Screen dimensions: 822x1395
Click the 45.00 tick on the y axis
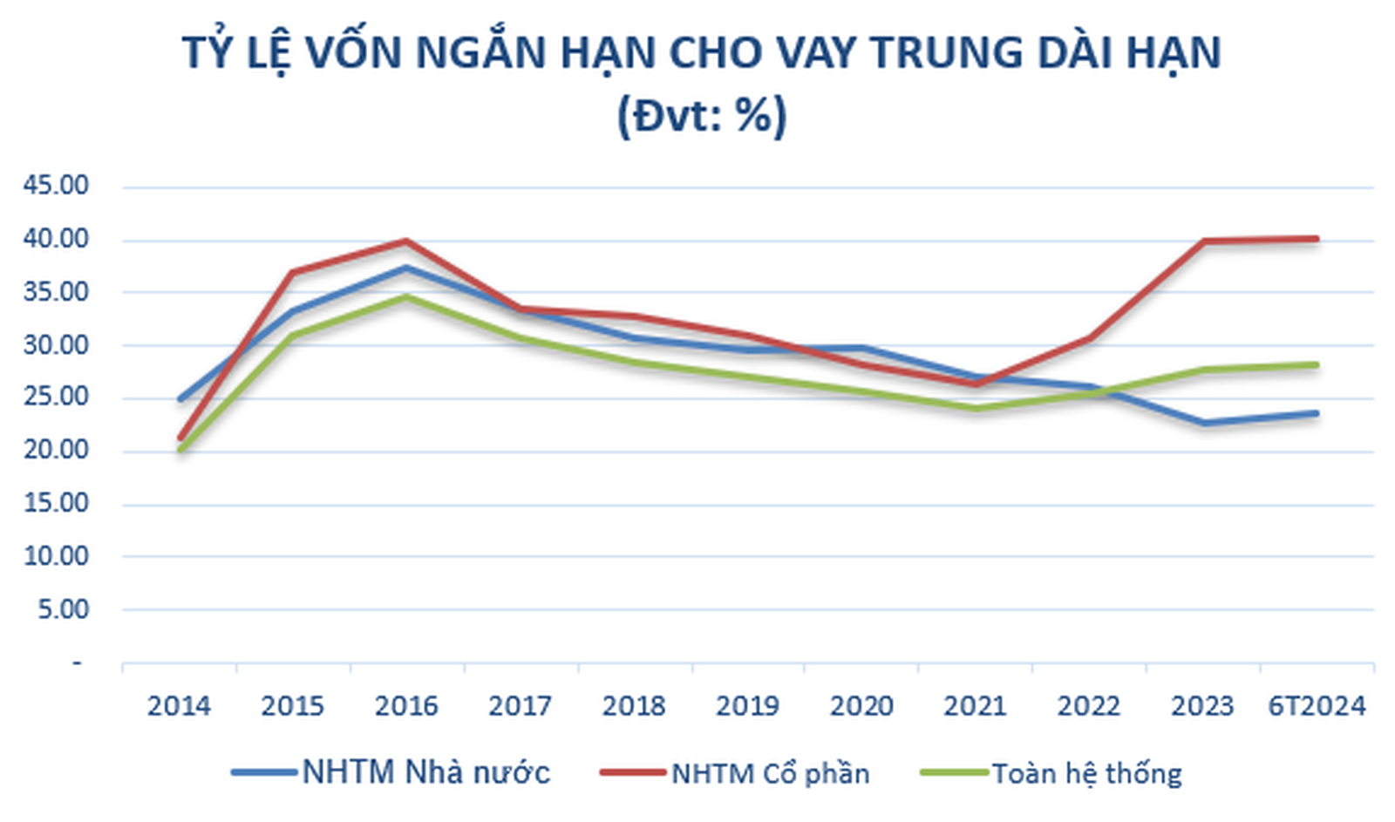tap(56, 186)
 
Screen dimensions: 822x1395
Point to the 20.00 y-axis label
tap(56, 451)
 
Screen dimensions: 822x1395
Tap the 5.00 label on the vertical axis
tap(63, 609)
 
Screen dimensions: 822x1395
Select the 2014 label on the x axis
tap(179, 705)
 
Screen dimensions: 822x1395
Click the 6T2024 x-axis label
tap(1317, 705)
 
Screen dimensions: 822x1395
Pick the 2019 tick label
tap(747, 705)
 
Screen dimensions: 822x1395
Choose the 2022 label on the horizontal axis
tap(1088, 705)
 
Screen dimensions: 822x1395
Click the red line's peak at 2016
tap(406, 241)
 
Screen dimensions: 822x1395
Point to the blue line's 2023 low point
tap(1203, 423)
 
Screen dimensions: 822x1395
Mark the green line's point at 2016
tap(406, 297)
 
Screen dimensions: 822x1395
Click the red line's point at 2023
tap(1203, 241)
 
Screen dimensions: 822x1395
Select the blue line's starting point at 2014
tap(180, 399)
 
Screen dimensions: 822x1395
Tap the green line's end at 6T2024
tap(1316, 364)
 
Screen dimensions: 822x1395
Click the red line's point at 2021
tap(976, 384)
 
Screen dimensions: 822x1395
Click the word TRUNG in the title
tap(946, 52)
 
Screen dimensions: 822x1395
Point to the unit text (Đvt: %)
tap(702, 115)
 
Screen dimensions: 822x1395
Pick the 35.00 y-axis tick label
tap(56, 292)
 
